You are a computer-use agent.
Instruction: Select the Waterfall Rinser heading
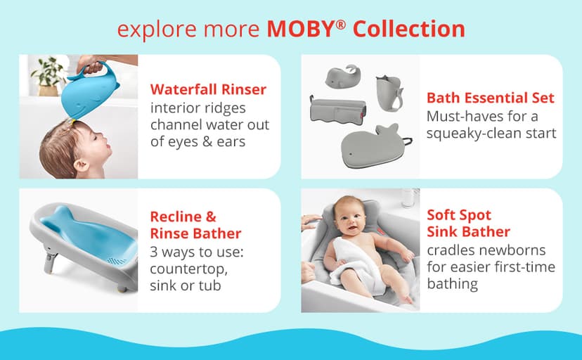208,89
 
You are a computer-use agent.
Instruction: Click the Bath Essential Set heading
490,98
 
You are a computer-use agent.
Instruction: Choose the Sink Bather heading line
468,231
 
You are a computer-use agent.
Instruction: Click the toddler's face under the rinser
91,144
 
